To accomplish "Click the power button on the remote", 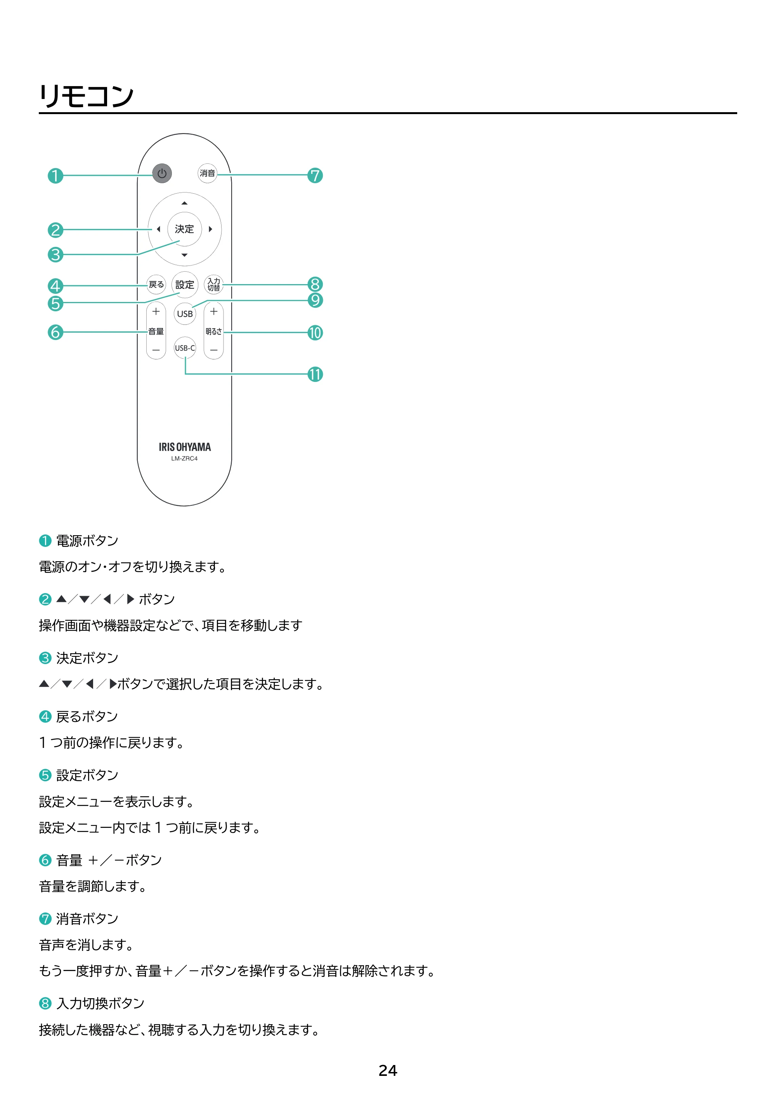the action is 162,173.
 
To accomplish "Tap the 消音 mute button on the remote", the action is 208,173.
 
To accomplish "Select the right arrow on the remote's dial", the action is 210,229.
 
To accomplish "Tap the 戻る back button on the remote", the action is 156,284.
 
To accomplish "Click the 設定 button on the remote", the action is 185,285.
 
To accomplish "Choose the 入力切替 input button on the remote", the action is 214,284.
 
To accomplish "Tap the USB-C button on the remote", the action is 185,348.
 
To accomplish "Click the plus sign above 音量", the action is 156,312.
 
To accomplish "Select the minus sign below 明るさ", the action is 214,350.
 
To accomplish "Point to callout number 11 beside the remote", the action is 315,374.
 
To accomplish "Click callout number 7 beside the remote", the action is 315,175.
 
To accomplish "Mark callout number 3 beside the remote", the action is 55,255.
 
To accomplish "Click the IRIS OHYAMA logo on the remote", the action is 185,447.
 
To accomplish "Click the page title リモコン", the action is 87,96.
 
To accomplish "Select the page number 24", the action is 388,1071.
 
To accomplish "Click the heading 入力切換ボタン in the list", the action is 100,1004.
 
